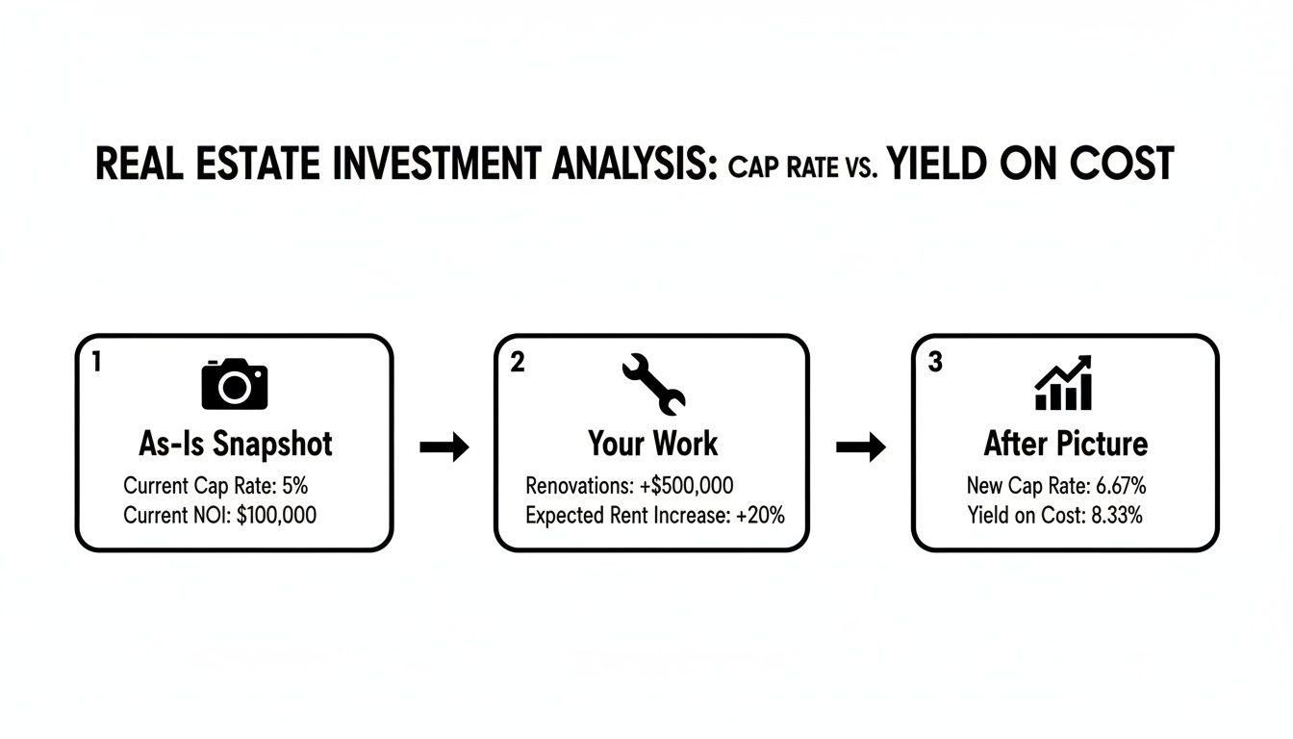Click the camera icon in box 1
point(234,384)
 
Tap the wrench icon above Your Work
point(653,383)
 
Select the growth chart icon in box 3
point(1063,383)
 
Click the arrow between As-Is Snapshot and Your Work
point(444,446)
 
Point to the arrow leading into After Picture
point(860,446)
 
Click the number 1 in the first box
point(96,362)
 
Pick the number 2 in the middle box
point(518,363)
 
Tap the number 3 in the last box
point(935,363)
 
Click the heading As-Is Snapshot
point(235,444)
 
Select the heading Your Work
point(652,444)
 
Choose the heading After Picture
point(1065,444)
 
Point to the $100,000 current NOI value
point(276,515)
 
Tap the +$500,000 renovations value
point(686,485)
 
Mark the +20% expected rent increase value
point(760,515)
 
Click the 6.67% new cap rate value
point(1121,485)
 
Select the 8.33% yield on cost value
point(1117,515)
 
